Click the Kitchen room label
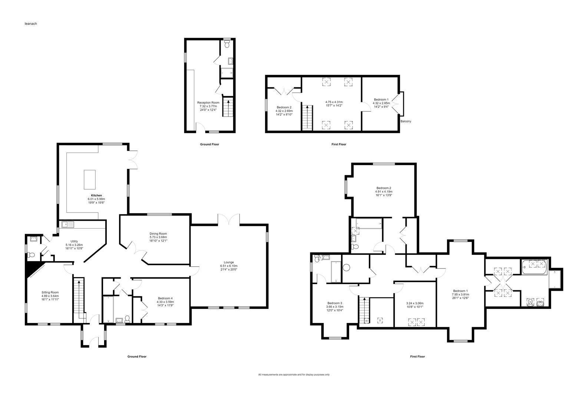96,195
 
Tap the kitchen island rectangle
90,180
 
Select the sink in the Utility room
68,224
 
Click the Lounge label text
229,262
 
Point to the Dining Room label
158,233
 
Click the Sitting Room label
50,292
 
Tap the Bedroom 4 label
165,298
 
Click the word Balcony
406,121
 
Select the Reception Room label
208,103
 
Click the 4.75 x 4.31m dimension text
334,102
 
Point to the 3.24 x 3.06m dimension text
415,303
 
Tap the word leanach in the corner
31,24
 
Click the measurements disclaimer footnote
294,375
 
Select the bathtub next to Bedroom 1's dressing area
534,267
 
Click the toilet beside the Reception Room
227,44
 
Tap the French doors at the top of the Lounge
229,220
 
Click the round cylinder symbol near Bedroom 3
347,267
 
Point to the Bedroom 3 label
335,303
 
